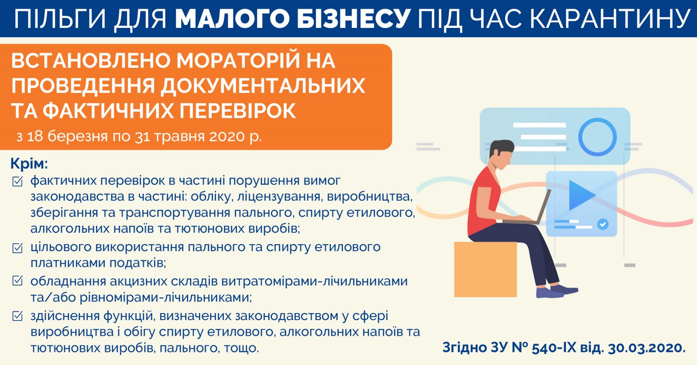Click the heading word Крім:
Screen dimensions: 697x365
click(29, 164)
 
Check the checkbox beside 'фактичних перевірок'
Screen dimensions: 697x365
click(17, 181)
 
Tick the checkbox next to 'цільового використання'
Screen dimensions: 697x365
click(17, 248)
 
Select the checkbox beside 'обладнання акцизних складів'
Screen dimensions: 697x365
click(17, 281)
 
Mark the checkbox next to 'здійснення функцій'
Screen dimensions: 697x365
click(17, 316)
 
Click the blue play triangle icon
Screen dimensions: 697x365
click(581, 195)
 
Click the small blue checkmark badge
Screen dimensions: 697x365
click(603, 224)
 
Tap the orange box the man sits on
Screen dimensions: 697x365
click(485, 269)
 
